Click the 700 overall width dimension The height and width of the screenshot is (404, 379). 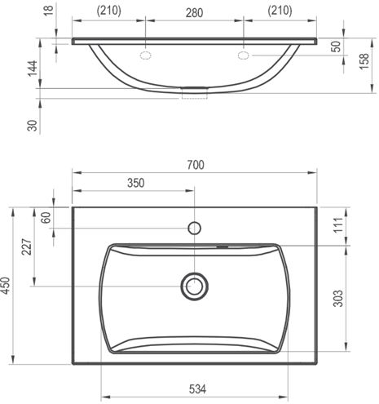(196, 165)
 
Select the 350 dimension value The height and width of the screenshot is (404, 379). (136, 183)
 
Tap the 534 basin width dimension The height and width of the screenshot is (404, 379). (197, 389)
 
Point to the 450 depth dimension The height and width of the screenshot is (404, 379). (6, 286)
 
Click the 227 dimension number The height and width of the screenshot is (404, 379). (27, 246)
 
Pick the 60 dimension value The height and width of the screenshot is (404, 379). (46, 218)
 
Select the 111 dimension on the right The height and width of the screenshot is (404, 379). (338, 224)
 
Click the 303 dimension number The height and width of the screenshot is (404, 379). (338, 299)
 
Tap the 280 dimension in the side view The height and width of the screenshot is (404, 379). (194, 13)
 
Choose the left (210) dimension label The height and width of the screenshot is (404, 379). (109, 11)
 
